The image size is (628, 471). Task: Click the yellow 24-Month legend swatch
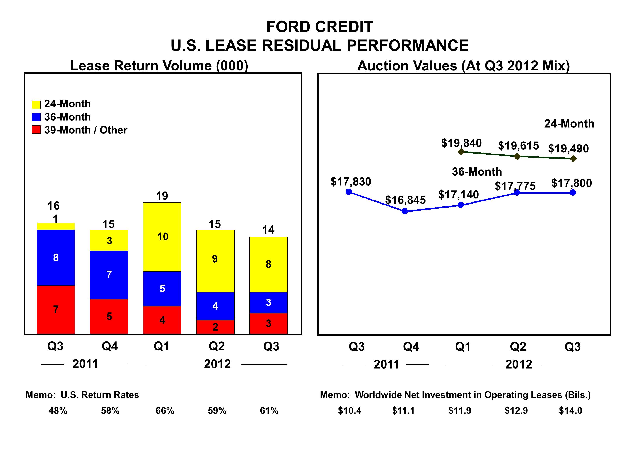36,104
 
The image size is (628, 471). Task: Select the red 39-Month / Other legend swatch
36,130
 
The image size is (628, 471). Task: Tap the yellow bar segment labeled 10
162,237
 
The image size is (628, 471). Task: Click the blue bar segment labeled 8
56,258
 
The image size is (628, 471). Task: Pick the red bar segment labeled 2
215,327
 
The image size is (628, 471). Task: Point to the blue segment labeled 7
109,275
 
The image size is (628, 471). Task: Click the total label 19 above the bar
162,196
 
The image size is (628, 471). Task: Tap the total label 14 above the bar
268,230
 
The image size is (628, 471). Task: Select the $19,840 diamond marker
461,152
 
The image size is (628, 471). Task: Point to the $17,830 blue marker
349,192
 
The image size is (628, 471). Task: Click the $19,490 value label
568,148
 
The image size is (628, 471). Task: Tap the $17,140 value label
459,195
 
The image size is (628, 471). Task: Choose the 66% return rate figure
165,411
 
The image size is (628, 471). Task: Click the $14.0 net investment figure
570,411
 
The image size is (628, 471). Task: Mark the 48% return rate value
58,411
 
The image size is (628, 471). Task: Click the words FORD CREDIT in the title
319,27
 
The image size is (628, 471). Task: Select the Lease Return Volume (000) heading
159,66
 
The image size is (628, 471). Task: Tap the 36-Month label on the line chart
477,172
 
